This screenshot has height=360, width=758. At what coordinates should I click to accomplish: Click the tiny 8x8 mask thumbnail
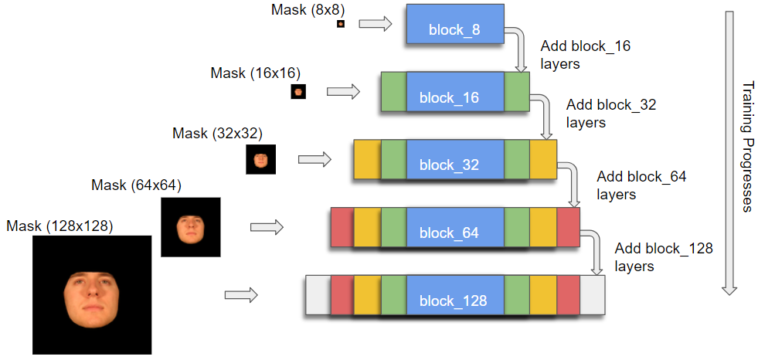tap(340, 25)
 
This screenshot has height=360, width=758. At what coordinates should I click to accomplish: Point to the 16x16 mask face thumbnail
tap(298, 93)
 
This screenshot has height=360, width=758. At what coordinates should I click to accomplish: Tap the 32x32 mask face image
tap(261, 160)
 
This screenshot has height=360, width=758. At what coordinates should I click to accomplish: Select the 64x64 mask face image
tap(190, 227)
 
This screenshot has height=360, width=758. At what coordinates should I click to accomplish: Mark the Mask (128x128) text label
tap(59, 226)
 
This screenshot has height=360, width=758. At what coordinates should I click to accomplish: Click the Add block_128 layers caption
tap(664, 257)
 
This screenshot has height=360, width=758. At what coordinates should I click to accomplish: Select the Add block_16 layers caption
tap(585, 55)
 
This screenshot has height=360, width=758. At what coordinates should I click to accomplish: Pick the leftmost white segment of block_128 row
tap(318, 295)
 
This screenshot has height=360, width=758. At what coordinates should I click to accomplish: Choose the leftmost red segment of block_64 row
tap(342, 228)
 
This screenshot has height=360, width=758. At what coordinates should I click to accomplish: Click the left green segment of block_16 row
tap(393, 93)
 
